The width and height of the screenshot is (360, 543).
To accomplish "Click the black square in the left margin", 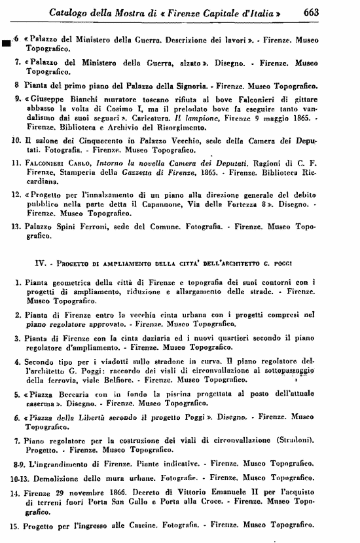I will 6,44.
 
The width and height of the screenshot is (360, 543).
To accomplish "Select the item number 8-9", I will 22,463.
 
